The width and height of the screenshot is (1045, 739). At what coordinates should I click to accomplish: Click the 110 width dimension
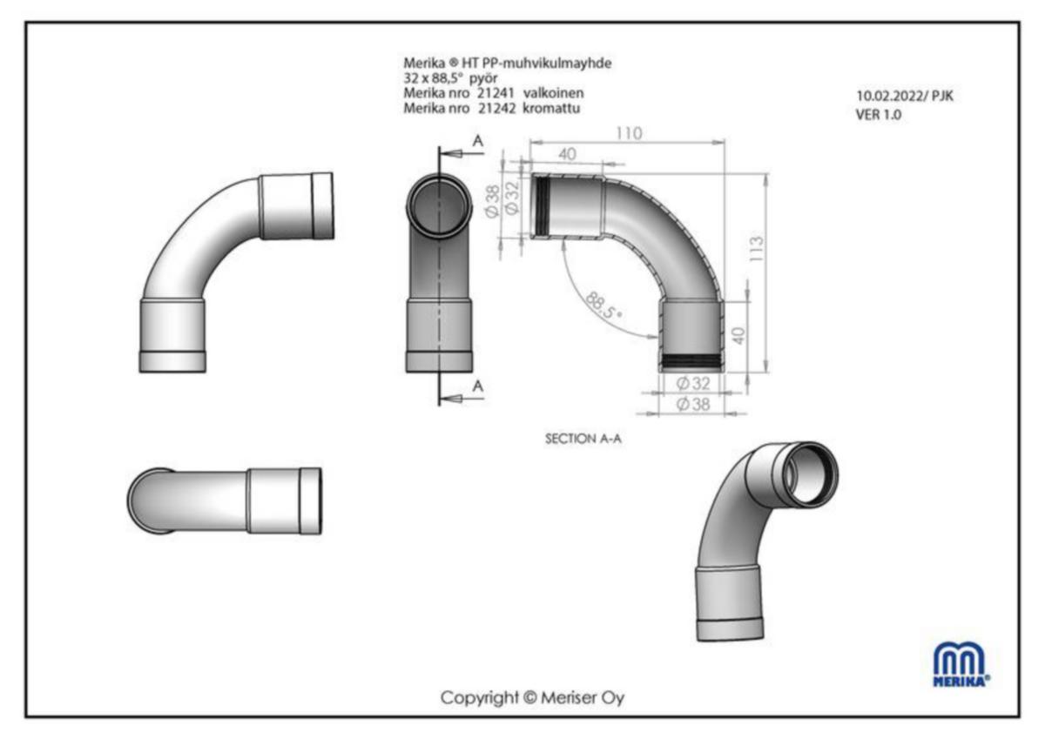click(x=628, y=133)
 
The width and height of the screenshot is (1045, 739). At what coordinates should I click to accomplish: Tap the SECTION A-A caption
click(x=583, y=439)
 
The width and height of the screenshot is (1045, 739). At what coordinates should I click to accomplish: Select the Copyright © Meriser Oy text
click(x=532, y=697)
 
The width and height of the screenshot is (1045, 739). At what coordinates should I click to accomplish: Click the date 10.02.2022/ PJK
click(x=905, y=97)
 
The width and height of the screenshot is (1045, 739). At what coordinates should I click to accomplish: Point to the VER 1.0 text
click(x=878, y=114)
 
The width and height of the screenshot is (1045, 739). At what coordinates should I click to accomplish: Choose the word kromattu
click(x=552, y=108)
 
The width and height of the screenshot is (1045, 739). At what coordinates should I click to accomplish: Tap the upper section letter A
click(x=477, y=140)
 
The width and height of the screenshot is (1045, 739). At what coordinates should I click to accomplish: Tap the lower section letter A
click(x=477, y=385)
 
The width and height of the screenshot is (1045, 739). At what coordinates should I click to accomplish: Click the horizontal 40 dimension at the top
click(x=567, y=154)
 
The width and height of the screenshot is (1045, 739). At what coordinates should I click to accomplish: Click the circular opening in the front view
click(x=440, y=205)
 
